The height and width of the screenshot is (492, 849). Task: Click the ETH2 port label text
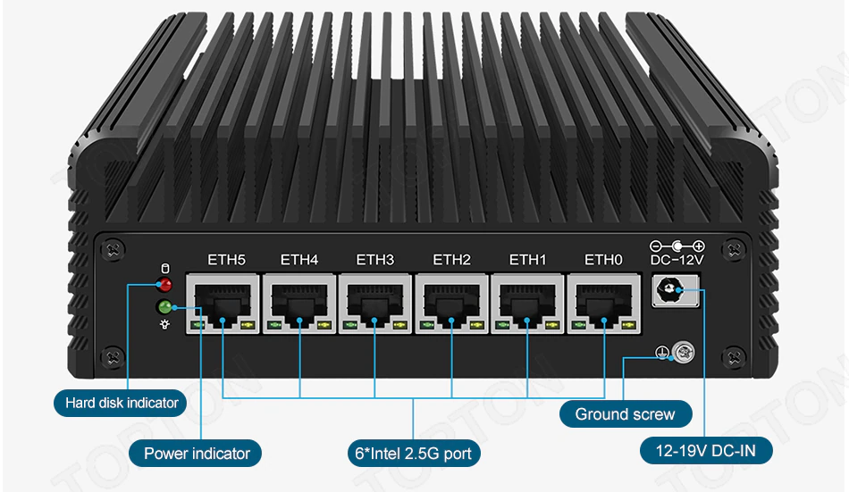[x=451, y=261]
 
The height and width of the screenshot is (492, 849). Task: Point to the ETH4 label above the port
[x=299, y=261]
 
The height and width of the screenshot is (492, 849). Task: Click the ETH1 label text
[x=527, y=261]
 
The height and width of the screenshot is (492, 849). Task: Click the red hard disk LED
[x=164, y=285]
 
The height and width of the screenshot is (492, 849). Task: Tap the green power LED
[x=164, y=308]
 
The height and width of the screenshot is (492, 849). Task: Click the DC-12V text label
[x=677, y=261]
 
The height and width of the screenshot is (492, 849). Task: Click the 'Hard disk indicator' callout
[x=122, y=403]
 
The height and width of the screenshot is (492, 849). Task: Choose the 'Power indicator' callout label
[x=197, y=454]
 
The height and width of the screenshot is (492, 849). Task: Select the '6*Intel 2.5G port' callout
[x=413, y=454]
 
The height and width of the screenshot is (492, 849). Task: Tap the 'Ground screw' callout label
[x=626, y=414]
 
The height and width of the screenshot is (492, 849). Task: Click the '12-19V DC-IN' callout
[x=706, y=452]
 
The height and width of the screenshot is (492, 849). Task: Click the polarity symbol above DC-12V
[x=677, y=246]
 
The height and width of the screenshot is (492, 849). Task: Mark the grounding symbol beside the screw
[x=662, y=354]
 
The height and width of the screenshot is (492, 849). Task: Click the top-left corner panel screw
[x=113, y=247]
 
